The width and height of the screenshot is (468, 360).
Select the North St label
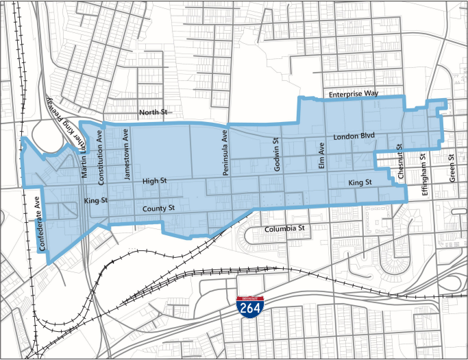pos(153,112)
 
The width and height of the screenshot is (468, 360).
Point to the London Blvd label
pos(354,136)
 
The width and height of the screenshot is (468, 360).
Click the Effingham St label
pos(424,175)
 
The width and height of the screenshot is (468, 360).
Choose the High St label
pos(154,181)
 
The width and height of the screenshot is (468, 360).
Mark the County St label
pos(159,208)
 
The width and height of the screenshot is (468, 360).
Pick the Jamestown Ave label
pos(126,154)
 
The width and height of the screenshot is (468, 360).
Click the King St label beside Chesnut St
pos(359,182)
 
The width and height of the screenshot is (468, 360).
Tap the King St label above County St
pos(96,201)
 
